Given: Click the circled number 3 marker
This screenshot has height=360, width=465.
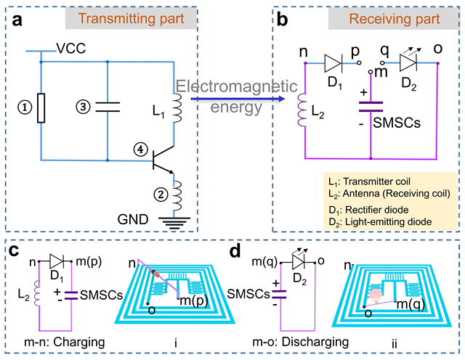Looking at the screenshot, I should (x=83, y=107).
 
